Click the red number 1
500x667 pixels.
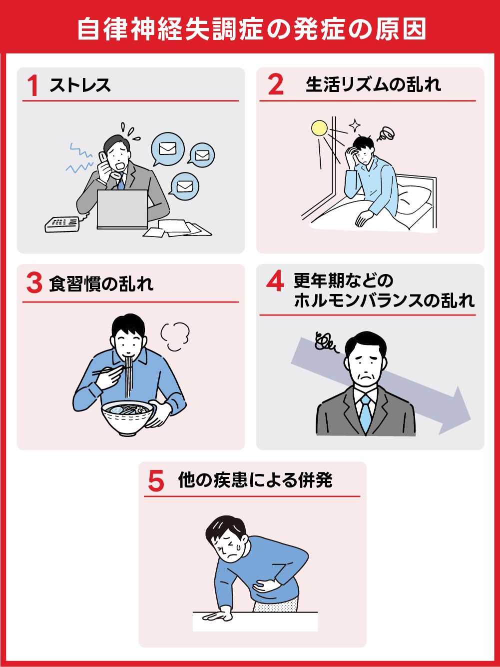click(x=33, y=85)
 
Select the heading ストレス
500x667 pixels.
click(x=80, y=85)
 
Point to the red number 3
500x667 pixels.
click(x=34, y=283)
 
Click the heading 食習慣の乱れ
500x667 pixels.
click(x=101, y=283)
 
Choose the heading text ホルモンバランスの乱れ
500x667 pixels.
click(x=384, y=300)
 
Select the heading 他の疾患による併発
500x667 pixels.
click(x=255, y=480)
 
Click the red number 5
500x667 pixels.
click(x=156, y=481)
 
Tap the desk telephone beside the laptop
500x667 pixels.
click(x=62, y=223)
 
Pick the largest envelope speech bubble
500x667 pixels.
click(x=168, y=149)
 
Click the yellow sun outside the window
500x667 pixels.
click(x=319, y=128)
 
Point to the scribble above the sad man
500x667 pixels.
click(x=325, y=342)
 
